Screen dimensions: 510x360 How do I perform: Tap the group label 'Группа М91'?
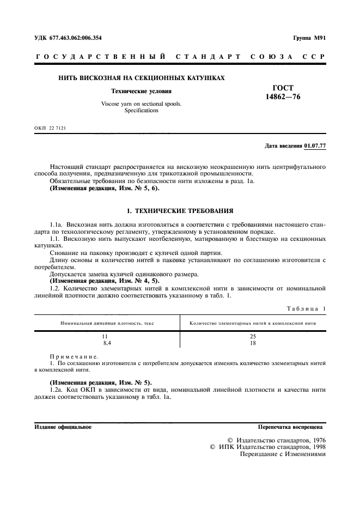(x=309, y=38)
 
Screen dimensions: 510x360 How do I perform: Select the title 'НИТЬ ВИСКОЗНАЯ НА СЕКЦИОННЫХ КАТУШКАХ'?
(x=142, y=78)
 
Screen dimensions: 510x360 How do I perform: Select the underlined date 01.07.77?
(x=315, y=146)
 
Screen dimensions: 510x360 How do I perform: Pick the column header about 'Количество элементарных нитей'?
(x=253, y=323)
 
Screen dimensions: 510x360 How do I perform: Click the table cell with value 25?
(x=253, y=336)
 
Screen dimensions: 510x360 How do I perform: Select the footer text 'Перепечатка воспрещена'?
(x=291, y=427)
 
